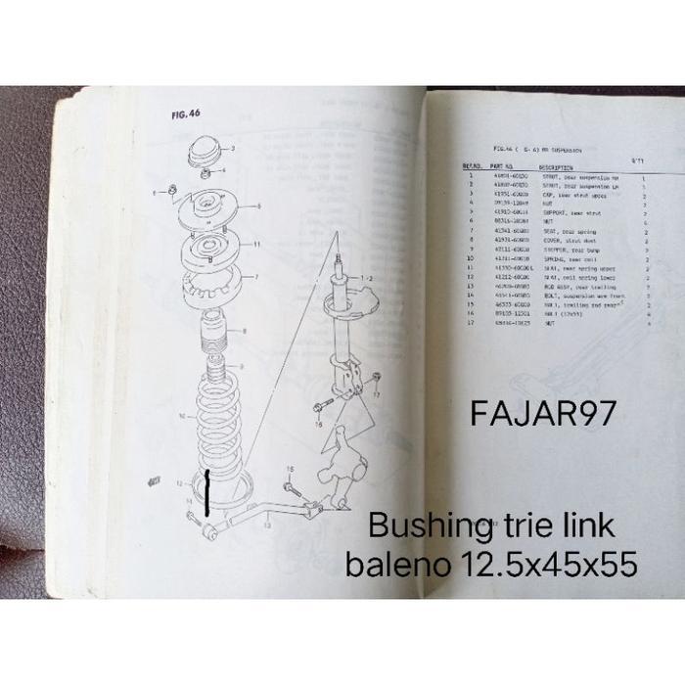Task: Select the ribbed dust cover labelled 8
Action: pos(213,339)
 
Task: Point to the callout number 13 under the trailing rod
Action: pos(266,525)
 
